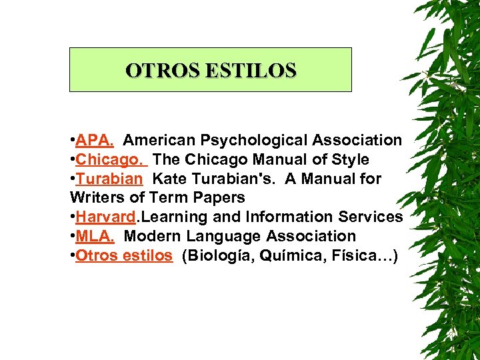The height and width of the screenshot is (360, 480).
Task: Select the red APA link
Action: point(94,141)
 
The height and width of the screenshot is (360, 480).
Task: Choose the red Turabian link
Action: point(109,179)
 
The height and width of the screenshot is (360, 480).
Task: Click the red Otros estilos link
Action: point(124,255)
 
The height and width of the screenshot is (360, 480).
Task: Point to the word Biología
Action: point(218,255)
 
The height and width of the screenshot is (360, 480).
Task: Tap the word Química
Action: point(288,255)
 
